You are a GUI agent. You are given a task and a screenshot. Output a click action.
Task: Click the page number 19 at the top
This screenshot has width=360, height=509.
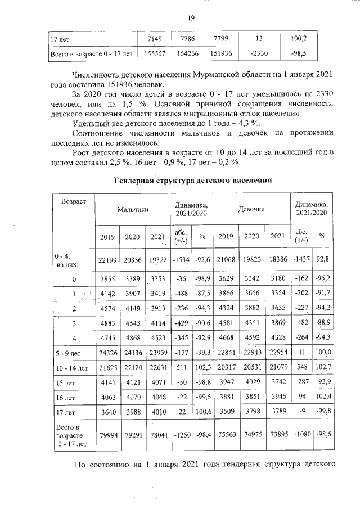[191, 18]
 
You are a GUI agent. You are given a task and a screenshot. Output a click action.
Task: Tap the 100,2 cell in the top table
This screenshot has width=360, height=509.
[300, 39]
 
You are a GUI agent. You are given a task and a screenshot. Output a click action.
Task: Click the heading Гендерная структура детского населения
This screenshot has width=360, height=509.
[193, 181]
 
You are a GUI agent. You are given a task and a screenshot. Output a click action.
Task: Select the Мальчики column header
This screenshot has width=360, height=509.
[133, 209]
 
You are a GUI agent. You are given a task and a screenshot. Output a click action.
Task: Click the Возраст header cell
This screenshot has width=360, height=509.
[74, 201]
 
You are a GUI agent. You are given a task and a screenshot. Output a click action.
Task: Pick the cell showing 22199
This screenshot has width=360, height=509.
[107, 259]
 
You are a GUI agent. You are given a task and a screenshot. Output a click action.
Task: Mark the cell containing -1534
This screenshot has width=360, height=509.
[181, 259]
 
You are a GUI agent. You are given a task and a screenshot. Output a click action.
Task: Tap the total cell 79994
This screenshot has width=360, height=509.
[107, 435]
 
